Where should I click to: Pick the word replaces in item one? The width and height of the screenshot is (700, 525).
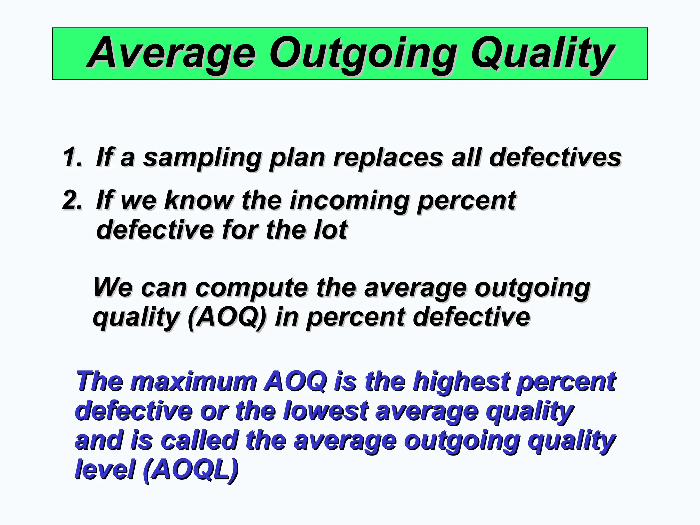pyautogui.click(x=388, y=158)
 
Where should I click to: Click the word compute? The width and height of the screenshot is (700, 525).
pyautogui.click(x=252, y=288)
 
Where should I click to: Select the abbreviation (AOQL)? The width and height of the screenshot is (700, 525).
pyautogui.click(x=190, y=470)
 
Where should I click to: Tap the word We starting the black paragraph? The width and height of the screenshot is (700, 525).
pyautogui.click(x=112, y=288)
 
